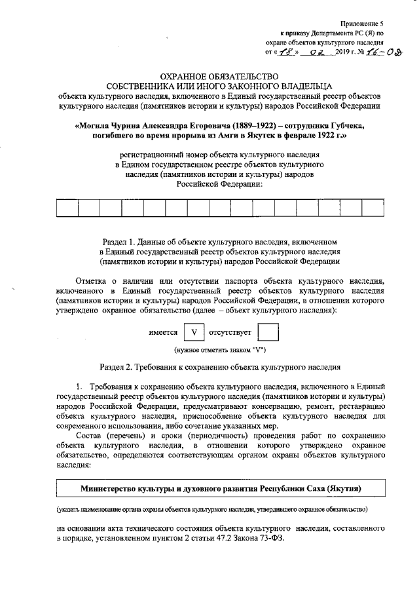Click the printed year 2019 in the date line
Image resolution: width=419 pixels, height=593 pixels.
[343, 52]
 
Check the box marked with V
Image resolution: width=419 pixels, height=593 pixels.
[193, 332]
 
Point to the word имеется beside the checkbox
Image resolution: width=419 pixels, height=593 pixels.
[163, 332]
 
